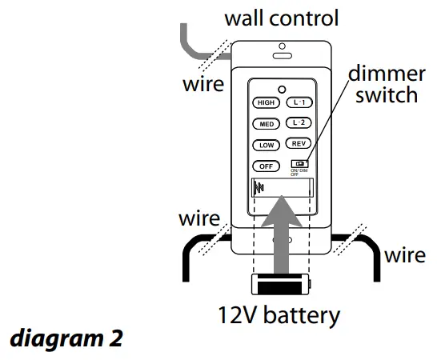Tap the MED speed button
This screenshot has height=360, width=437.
(x=265, y=124)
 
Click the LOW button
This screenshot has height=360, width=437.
(x=265, y=145)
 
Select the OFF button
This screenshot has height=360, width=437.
(x=265, y=166)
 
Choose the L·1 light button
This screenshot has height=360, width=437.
(x=299, y=102)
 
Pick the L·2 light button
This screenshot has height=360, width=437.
(x=299, y=123)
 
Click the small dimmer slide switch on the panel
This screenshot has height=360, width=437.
(x=299, y=163)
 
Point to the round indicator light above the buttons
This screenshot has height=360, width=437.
(x=283, y=89)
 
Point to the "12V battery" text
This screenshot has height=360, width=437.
(x=279, y=316)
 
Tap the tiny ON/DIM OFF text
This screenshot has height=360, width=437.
(x=299, y=173)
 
